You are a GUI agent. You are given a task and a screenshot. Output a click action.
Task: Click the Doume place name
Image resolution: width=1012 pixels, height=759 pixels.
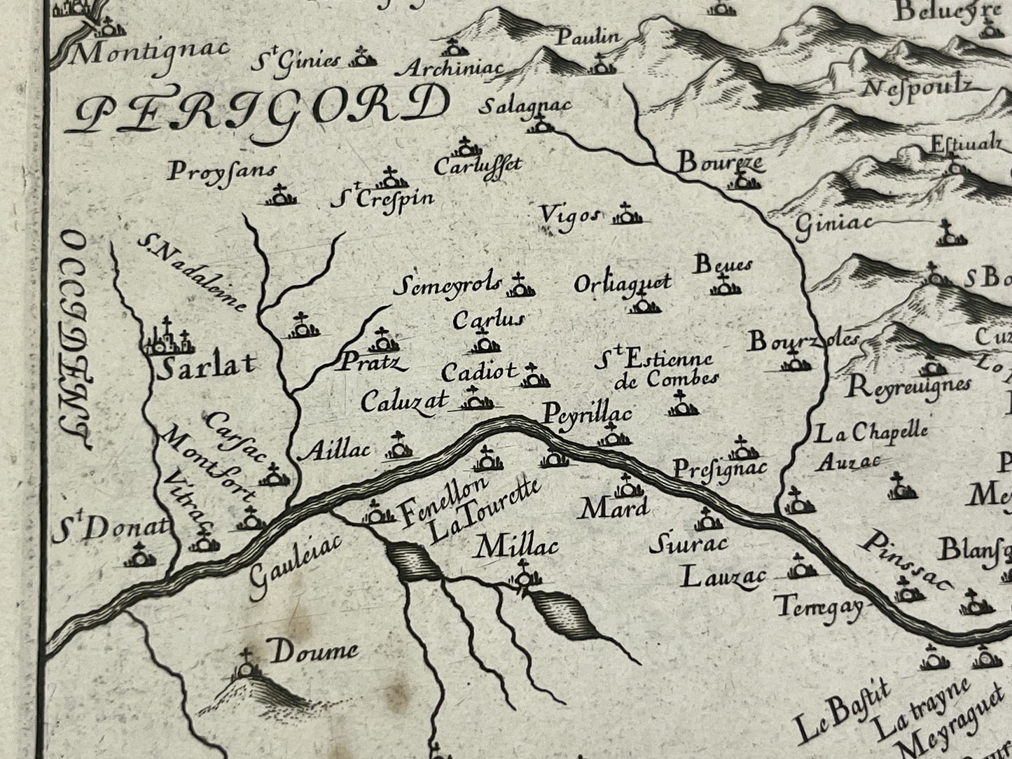pos(313,653)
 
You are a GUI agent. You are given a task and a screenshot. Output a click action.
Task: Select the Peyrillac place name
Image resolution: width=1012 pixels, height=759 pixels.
pos(588,414)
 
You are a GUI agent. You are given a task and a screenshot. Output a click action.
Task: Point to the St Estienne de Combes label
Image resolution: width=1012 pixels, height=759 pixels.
pos(655,369)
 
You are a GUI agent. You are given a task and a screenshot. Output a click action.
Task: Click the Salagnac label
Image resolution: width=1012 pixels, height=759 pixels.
pos(527,105)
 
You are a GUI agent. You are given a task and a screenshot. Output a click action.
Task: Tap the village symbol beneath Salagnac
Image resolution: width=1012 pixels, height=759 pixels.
pos(539,125)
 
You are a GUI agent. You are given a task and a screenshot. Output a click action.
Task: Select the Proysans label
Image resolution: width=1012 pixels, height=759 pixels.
pos(222,171)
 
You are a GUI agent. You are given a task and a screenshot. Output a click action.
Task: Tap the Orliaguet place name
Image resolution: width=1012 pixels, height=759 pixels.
pos(622,283)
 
